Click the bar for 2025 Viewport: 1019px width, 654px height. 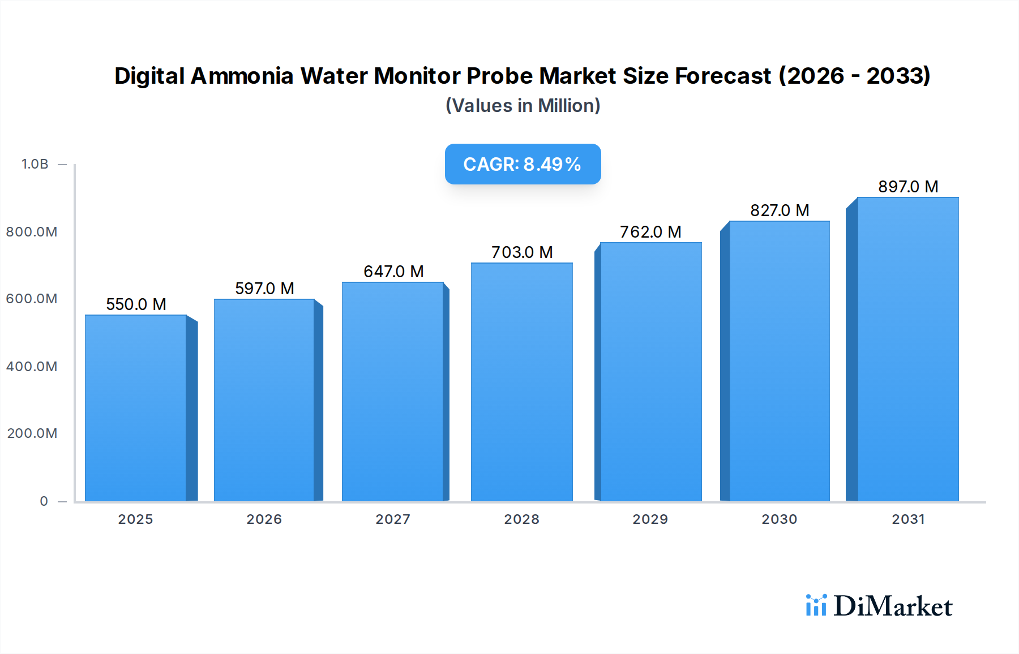[136, 407]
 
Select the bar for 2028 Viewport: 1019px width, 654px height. [521, 382]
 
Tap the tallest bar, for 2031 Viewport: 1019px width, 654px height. [907, 349]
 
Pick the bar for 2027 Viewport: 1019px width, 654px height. [392, 391]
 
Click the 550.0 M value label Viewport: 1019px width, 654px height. [136, 304]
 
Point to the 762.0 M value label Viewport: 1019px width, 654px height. [650, 232]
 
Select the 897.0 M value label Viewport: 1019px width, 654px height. [908, 187]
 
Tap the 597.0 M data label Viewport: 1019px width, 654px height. [264, 289]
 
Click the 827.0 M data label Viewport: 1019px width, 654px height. [780, 210]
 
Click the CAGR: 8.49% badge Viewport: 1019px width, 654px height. [523, 164]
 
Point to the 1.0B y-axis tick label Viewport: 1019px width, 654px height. [35, 164]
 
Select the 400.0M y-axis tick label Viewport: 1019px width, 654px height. [32, 367]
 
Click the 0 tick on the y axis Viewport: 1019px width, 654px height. [44, 501]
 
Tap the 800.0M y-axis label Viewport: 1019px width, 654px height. [32, 232]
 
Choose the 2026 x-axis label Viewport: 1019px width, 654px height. [264, 519]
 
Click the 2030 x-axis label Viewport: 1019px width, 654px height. [779, 519]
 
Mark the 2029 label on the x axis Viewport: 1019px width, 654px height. [650, 519]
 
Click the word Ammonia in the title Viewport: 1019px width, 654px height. [242, 76]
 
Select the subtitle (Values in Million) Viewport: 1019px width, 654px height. [523, 106]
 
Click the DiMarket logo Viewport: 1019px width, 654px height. [879, 606]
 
